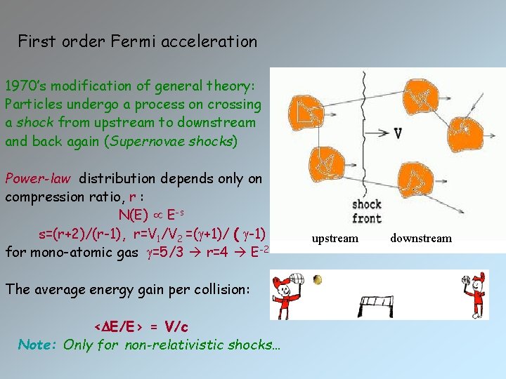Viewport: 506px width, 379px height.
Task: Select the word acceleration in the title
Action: tap(212, 41)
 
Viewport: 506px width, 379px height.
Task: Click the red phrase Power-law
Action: tap(38, 178)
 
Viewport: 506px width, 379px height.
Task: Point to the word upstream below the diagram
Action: tap(335, 239)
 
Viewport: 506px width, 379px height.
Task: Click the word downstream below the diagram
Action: tap(421, 239)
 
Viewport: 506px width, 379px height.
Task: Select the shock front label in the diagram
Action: tap(366, 211)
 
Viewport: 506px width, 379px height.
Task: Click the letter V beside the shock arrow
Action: tap(398, 133)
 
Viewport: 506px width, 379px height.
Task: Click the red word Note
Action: tap(38, 345)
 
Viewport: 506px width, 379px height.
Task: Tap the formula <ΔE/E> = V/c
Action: tap(141, 327)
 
